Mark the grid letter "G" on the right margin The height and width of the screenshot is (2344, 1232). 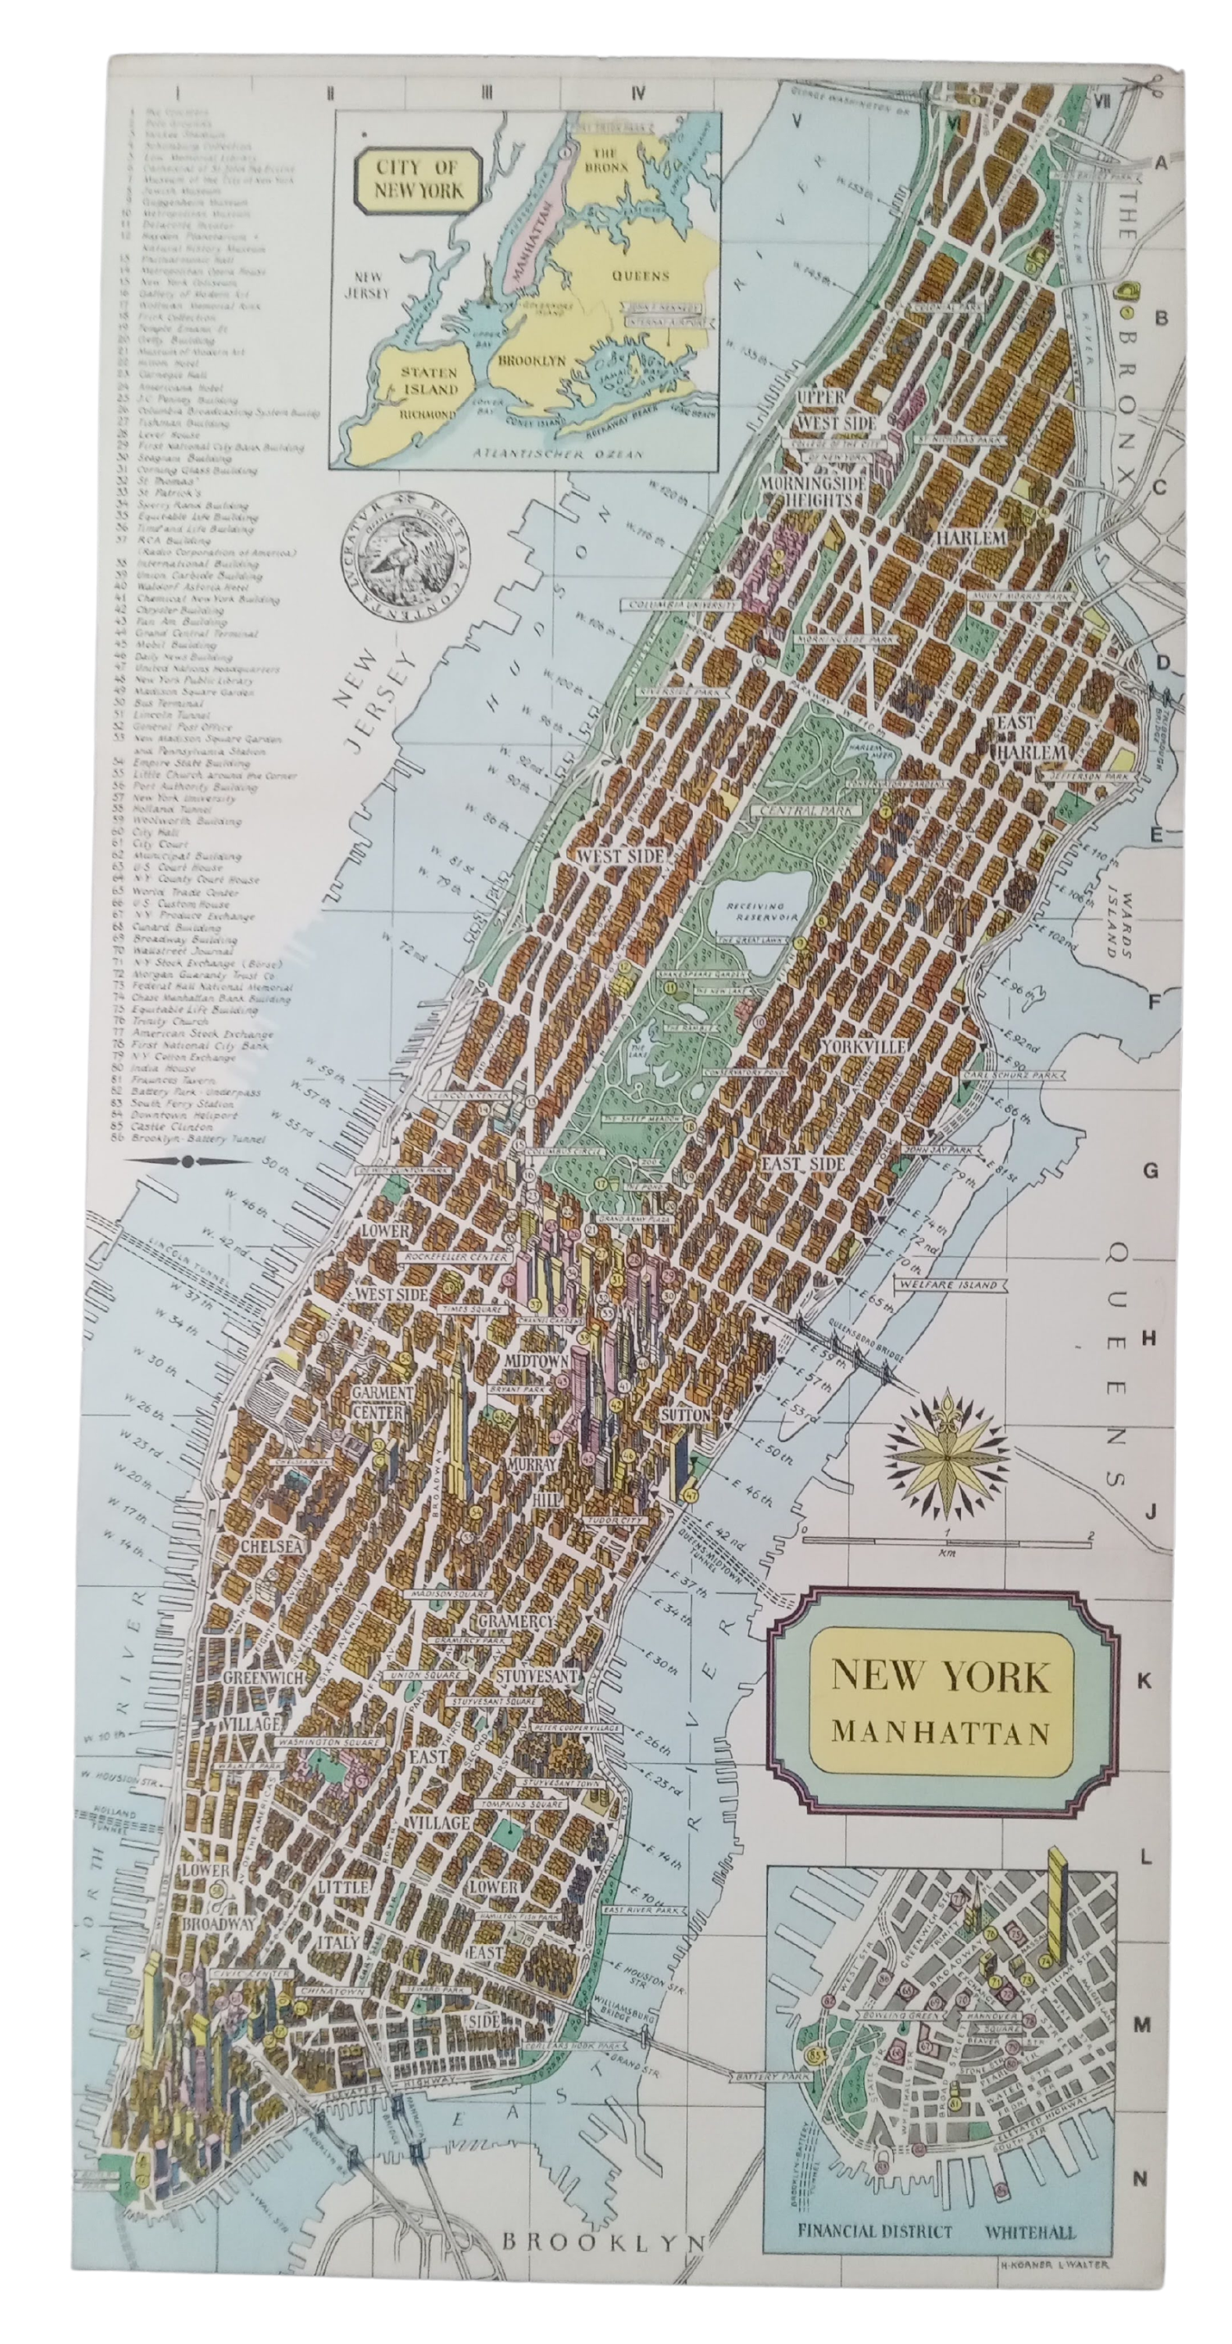point(1150,1171)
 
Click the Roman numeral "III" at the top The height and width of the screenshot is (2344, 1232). point(487,92)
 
